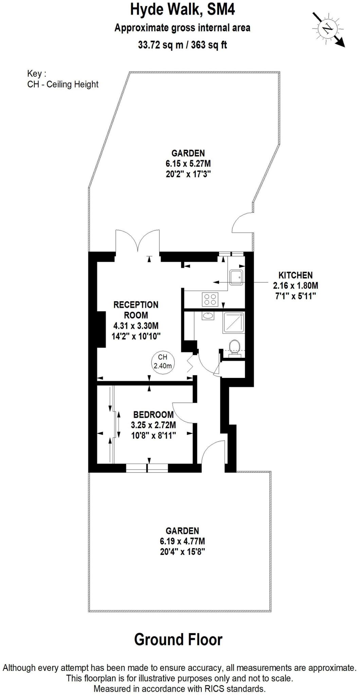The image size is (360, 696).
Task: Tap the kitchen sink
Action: point(236,277)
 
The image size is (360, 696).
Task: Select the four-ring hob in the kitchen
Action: point(210,299)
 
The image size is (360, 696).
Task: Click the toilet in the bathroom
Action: point(234,347)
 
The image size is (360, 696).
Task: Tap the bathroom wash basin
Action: point(208,316)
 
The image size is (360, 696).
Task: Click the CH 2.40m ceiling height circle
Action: point(163,362)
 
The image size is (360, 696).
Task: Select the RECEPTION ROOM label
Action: point(136,310)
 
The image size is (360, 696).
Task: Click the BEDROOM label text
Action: point(154,415)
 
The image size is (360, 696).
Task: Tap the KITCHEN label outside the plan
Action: point(295,275)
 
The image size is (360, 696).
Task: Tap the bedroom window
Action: point(147,468)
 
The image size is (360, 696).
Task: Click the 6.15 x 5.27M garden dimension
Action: point(188,163)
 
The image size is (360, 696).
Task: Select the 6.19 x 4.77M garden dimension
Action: point(182,541)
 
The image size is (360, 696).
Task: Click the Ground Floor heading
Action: point(178,640)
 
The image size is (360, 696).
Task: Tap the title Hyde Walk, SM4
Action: point(182,10)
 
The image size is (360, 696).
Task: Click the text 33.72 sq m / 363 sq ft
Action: point(182,45)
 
